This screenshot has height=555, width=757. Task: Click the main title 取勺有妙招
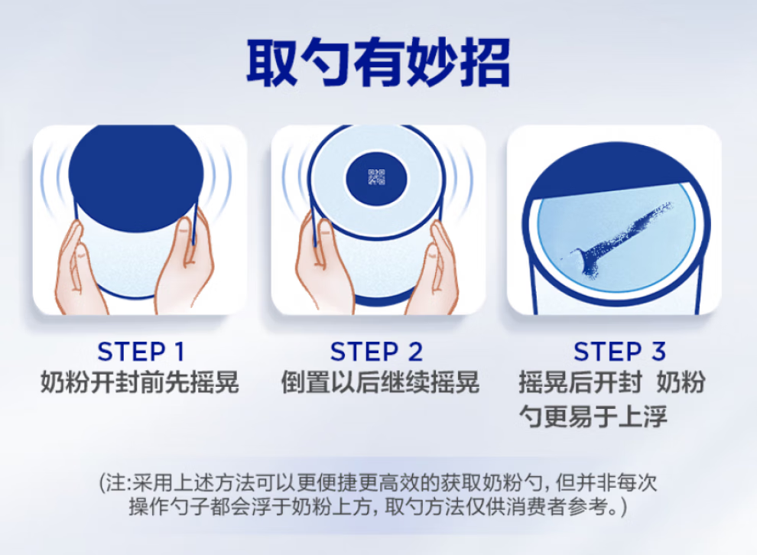[378, 63]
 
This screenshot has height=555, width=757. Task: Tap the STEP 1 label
[141, 352]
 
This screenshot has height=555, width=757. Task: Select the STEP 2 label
[376, 352]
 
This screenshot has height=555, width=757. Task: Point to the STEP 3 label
[619, 352]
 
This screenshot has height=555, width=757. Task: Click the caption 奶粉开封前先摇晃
[139, 382]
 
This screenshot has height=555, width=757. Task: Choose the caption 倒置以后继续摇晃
[380, 382]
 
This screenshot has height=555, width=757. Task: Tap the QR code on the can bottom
[376, 177]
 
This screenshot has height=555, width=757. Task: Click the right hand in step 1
[186, 265]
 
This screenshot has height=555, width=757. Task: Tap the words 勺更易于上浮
[593, 416]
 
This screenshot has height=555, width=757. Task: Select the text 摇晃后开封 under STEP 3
[580, 382]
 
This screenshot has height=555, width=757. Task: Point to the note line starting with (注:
[378, 482]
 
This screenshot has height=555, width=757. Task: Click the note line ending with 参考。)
[378, 507]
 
